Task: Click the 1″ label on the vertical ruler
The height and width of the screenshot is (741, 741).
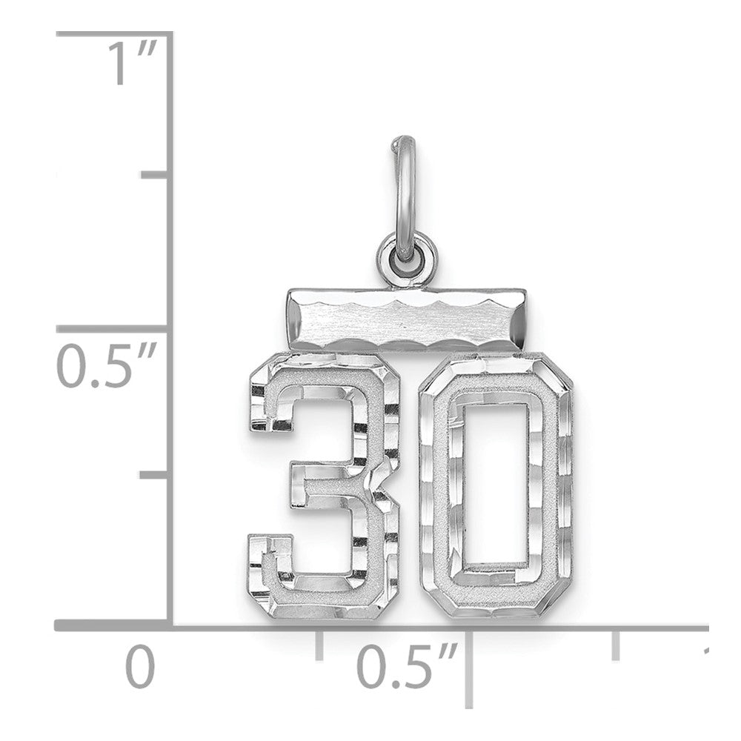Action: point(132,62)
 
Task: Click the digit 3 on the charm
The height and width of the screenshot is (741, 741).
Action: point(325,486)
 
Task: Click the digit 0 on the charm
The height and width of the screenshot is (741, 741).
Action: point(496,486)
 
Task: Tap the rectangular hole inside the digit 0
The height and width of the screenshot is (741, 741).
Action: point(496,485)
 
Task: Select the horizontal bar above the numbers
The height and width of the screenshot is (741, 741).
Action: point(406,320)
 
